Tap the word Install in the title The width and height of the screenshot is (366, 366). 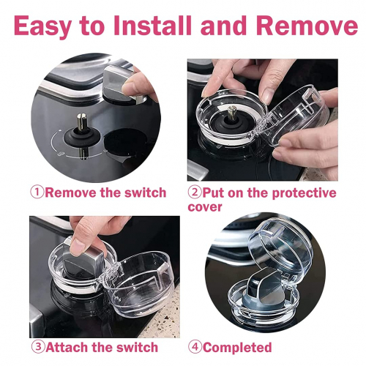click(x=152, y=26)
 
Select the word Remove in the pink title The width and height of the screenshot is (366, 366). click(x=307, y=26)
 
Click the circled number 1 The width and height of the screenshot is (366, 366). click(x=37, y=193)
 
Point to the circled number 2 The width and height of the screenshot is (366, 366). click(x=195, y=193)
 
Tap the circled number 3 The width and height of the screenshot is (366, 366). click(x=38, y=347)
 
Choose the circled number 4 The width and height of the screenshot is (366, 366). click(x=195, y=347)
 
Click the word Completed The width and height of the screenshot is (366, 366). click(x=237, y=348)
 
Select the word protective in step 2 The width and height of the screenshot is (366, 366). click(x=304, y=193)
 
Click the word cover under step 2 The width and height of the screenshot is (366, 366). click(x=205, y=207)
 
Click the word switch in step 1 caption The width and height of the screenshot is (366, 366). click(x=146, y=193)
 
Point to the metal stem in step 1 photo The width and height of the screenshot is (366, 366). click(x=83, y=122)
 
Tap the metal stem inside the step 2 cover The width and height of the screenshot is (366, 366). click(x=231, y=113)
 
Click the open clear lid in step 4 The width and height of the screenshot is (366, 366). click(x=280, y=247)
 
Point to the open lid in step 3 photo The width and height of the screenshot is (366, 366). click(x=139, y=283)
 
